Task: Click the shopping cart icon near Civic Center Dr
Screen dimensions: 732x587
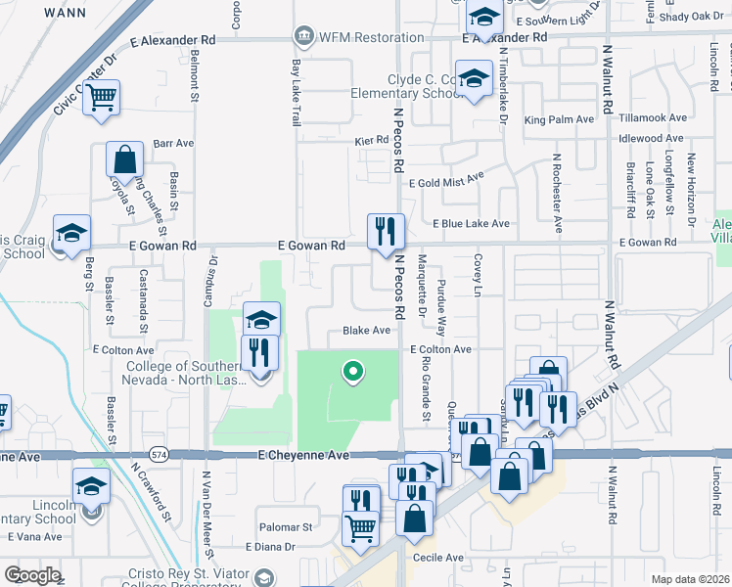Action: click(102, 98)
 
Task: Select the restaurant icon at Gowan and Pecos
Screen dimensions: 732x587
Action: click(386, 231)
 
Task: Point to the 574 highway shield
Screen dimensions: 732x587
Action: click(160, 455)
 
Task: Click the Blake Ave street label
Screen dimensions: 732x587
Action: click(366, 331)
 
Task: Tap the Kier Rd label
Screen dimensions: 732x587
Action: click(372, 141)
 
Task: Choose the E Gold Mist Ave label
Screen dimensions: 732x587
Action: click(446, 182)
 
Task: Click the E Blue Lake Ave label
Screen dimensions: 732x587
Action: click(473, 224)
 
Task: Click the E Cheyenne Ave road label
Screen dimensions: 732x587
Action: click(304, 456)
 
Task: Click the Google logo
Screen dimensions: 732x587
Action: click(32, 575)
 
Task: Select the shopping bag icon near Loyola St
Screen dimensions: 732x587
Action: click(125, 158)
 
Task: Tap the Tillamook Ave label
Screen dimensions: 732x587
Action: click(654, 117)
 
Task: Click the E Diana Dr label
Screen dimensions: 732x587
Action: click(271, 547)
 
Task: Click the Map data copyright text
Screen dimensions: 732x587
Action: click(690, 579)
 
